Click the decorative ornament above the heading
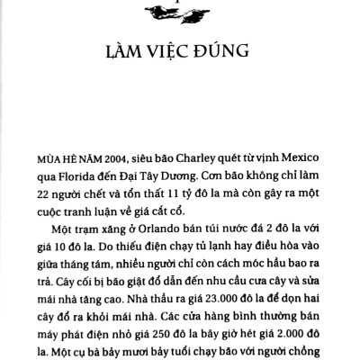[181, 8]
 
